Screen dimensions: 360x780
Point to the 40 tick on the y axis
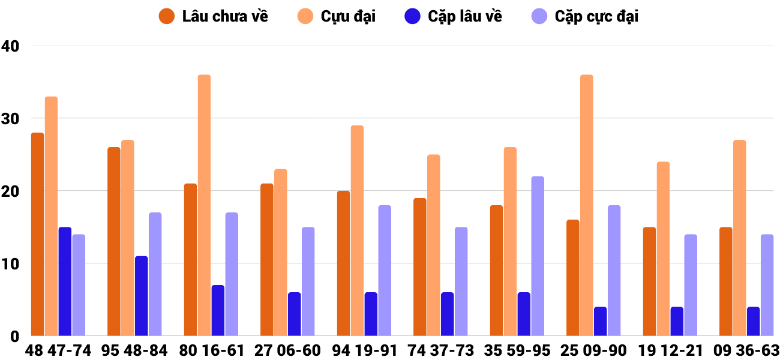point(11,46)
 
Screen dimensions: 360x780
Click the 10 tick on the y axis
point(11,264)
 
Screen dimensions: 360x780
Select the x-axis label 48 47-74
point(58,350)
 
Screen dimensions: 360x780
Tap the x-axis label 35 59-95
point(517,350)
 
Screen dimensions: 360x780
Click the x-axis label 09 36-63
point(746,350)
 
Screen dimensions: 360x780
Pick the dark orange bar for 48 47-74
point(37,234)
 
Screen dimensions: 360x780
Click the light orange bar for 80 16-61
point(204,205)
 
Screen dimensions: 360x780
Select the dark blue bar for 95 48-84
point(141,296)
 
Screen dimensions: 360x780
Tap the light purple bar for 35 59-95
point(538,256)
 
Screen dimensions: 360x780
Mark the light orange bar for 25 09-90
point(586,205)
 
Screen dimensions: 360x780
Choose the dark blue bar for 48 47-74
point(65,281)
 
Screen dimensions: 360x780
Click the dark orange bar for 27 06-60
point(267,260)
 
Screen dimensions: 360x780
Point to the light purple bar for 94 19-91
point(385,271)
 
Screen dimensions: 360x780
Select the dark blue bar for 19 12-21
point(677,322)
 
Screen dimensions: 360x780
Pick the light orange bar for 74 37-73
point(433,245)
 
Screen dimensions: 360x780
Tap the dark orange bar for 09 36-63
point(725,281)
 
